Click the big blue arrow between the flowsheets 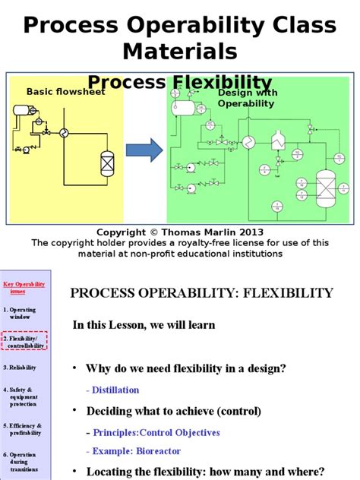[144, 150]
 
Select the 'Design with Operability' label [246, 96]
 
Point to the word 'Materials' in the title [179, 52]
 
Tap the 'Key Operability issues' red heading [24, 287]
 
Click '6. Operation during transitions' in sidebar [24, 464]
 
